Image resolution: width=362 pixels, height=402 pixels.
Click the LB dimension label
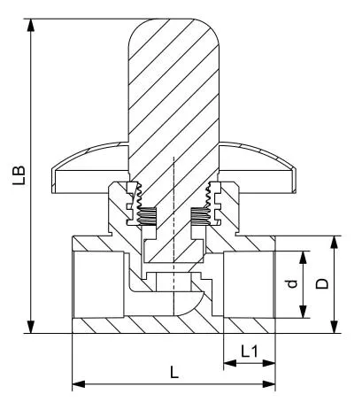click(x=19, y=175)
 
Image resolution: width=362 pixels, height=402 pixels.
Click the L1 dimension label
click(x=250, y=352)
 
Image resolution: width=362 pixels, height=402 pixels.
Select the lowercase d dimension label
click(x=292, y=284)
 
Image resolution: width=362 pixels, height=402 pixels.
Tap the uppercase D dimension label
click(x=322, y=283)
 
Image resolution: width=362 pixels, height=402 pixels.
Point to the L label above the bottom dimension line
click(x=174, y=372)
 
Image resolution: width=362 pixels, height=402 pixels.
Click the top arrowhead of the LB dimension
click(x=30, y=25)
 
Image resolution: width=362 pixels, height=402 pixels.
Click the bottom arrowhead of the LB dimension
click(x=30, y=327)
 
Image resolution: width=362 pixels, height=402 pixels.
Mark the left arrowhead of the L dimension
click(x=79, y=384)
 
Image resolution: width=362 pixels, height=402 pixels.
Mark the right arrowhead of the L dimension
click(x=269, y=384)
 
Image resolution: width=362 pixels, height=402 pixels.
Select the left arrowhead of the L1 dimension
click(x=230, y=363)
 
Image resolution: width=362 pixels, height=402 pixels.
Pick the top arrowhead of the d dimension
click(x=303, y=258)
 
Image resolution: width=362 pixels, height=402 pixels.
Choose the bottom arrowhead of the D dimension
click(x=334, y=327)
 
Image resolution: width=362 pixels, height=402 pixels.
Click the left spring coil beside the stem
click(x=147, y=216)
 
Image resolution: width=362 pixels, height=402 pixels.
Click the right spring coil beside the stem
click(x=201, y=216)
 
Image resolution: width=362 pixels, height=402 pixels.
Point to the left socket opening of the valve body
click(x=98, y=284)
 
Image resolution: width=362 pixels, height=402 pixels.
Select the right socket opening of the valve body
click(x=250, y=284)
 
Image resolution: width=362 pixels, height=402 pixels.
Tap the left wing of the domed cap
click(x=90, y=167)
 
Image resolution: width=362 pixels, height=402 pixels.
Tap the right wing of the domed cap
click(x=258, y=167)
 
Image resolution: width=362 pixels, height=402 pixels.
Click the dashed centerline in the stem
click(x=174, y=236)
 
